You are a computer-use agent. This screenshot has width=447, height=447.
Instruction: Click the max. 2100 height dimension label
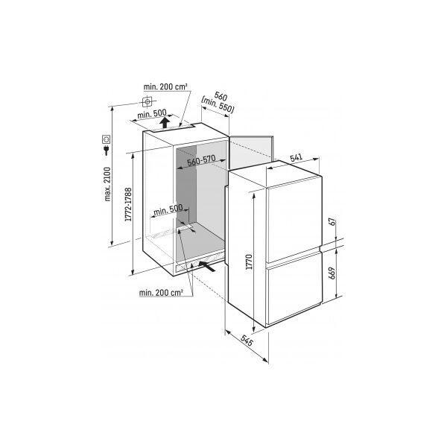pyautogui.click(x=107, y=184)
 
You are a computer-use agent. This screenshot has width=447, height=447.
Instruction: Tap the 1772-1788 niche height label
pyautogui.click(x=129, y=205)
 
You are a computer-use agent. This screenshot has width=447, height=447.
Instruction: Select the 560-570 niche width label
pyautogui.click(x=201, y=161)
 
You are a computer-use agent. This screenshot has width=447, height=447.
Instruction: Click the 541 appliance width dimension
pyautogui.click(x=297, y=158)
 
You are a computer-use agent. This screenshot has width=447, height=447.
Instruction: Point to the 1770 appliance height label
pyautogui.click(x=249, y=262)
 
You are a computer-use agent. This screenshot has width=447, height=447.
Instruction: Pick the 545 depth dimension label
pyautogui.click(x=247, y=340)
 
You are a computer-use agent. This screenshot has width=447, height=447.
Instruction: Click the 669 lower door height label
pyautogui.click(x=332, y=273)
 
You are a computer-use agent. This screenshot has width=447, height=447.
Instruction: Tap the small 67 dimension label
pyautogui.click(x=332, y=222)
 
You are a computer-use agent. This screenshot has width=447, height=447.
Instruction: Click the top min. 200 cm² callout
pyautogui.click(x=165, y=86)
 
